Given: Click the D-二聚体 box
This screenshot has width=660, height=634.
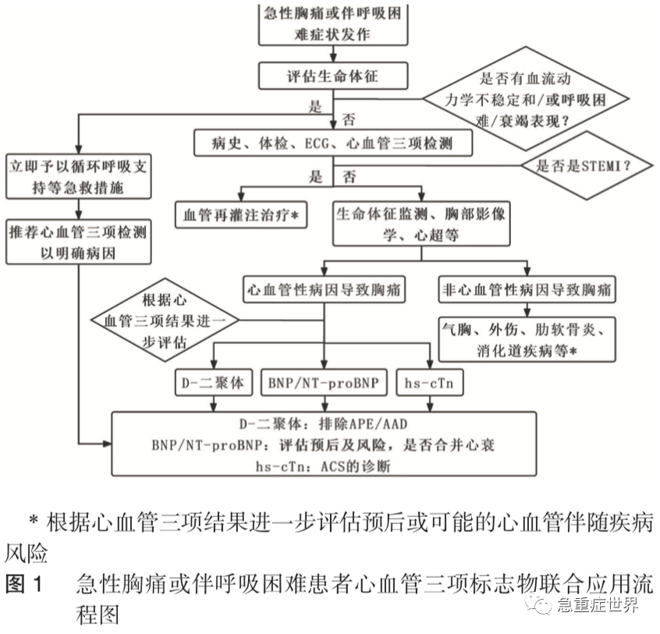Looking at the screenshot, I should tap(209, 384).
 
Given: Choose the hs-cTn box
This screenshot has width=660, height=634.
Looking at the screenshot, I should tap(430, 384).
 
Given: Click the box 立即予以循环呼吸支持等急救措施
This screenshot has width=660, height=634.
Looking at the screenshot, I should tap(76, 177).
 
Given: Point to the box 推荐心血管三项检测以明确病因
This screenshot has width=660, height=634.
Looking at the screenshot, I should tap(76, 243).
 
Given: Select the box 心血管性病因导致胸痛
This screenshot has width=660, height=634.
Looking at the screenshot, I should tap(323, 289).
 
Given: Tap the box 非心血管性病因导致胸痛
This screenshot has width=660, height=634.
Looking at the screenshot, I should tap(525, 289).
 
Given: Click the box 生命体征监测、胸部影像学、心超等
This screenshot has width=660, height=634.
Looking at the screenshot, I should tap(421, 223).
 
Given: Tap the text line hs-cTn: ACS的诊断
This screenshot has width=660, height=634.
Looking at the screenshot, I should tap(323, 466).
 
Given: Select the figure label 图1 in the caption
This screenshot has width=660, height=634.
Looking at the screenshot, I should tap(27, 585).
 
